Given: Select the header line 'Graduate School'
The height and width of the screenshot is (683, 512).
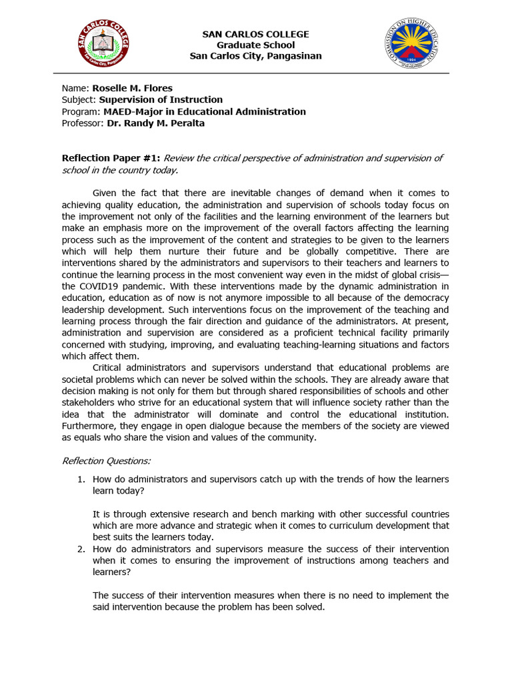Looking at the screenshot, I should tap(255, 45).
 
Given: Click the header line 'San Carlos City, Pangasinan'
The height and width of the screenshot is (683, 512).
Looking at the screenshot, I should tap(255, 55).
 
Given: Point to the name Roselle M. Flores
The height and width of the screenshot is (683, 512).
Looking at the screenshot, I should tap(132, 88).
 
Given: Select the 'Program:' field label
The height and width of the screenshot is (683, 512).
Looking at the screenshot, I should tap(81, 111).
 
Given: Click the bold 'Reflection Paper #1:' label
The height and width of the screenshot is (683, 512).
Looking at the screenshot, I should tap(111, 158).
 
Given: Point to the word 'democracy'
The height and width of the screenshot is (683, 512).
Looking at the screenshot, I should tap(424, 298).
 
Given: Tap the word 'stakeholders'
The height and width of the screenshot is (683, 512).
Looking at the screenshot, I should tap(89, 403).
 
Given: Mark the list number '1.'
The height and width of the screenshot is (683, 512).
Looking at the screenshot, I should tap(81, 479).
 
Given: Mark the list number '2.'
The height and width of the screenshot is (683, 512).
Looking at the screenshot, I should tap(81, 549).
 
